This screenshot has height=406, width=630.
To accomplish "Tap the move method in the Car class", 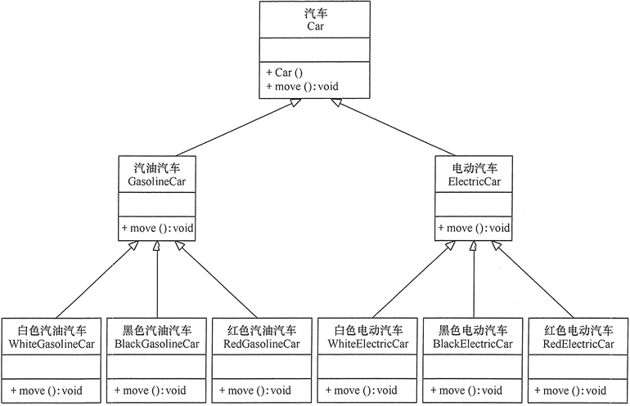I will click(x=302, y=87).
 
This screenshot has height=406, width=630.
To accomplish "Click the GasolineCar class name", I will click(x=157, y=182).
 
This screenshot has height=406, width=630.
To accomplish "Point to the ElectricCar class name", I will click(x=474, y=182).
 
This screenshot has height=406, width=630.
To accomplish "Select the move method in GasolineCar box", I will click(x=157, y=228).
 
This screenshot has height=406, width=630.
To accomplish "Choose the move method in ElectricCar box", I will click(x=474, y=228).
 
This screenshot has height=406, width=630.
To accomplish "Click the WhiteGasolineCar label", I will click(x=52, y=344).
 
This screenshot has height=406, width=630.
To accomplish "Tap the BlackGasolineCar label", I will click(x=156, y=344).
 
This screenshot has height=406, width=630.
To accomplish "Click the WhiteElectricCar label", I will click(x=367, y=344).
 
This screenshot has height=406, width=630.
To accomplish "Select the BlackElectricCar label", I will click(x=473, y=344).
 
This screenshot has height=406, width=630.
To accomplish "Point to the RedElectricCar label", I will click(x=578, y=344).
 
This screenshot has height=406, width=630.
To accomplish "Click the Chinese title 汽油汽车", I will click(x=157, y=167).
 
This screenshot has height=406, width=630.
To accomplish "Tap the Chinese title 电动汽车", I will click(x=474, y=167).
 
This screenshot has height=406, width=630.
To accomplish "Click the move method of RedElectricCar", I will click(x=578, y=390).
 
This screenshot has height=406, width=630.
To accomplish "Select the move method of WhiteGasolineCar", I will click(x=52, y=390).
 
